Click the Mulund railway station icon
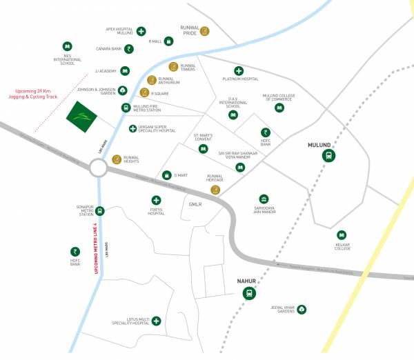click(328, 157)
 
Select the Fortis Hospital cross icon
click(157, 201)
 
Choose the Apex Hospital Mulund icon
click(141, 31)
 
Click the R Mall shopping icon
click(169, 41)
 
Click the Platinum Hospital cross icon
click(239, 71)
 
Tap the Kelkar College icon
click(340, 235)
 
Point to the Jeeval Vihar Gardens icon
click(302, 310)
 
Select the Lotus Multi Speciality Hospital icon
click(157, 321)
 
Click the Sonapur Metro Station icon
click(101, 211)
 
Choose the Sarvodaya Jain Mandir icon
click(264, 199)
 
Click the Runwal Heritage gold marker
click(215, 190)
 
